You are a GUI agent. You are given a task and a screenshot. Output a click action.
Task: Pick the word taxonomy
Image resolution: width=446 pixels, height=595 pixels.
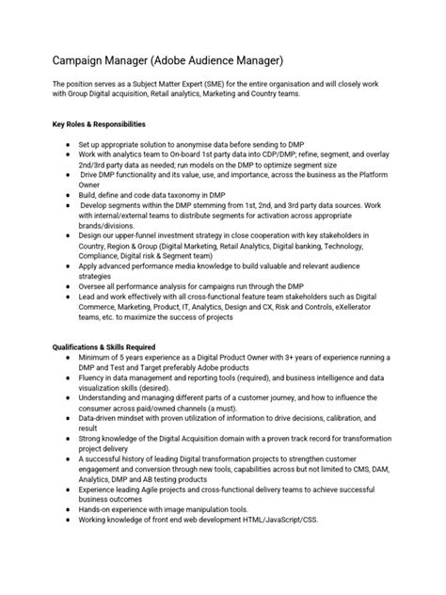point(192,195)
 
